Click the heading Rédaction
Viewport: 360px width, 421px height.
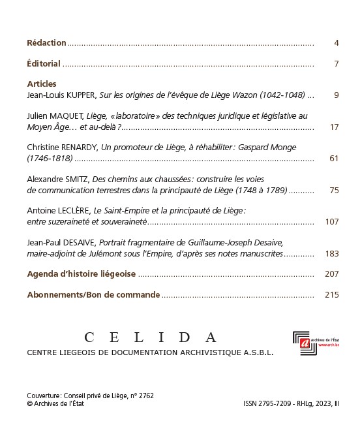click(x=46, y=43)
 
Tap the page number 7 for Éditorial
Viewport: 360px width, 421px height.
click(x=336, y=64)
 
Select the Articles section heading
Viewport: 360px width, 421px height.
click(x=42, y=84)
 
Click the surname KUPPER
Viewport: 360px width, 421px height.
click(x=81, y=95)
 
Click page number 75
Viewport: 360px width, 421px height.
click(x=334, y=191)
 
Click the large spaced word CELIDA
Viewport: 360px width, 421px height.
click(x=151, y=337)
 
